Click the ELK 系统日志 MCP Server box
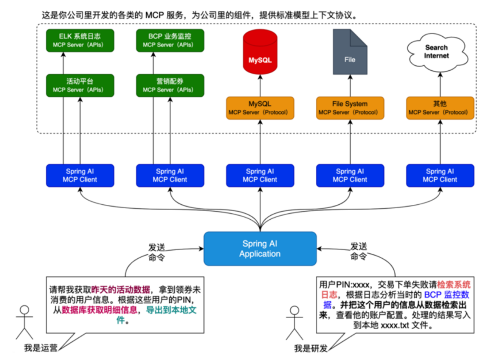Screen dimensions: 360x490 coord(80,40)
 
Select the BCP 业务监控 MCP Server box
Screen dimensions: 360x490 coord(170,40)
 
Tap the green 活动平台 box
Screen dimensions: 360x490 coord(80,85)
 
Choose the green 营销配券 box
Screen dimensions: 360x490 coord(170,85)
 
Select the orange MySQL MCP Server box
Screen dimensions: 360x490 coord(260,108)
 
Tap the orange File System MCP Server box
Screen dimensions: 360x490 coord(350,108)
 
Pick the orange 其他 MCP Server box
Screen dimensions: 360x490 coord(440,108)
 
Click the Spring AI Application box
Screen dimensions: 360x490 coord(260,249)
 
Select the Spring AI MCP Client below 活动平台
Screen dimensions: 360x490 coord(80,175)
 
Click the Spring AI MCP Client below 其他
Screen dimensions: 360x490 coord(440,175)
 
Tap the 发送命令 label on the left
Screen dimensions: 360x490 coord(157,252)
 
